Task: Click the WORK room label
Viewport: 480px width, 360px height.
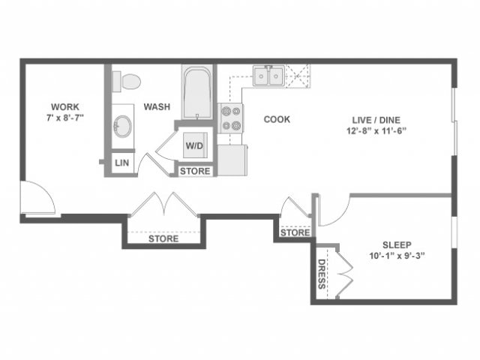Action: click(64, 106)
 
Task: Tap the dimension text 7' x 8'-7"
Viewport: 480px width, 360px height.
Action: click(64, 118)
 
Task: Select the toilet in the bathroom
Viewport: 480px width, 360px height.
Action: click(129, 79)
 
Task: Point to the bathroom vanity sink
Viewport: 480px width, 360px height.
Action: click(122, 125)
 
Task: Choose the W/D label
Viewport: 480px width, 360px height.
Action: click(195, 144)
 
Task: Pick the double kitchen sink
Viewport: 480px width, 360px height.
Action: click(267, 76)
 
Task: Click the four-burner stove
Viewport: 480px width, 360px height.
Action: click(231, 118)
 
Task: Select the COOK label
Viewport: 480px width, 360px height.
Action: click(277, 119)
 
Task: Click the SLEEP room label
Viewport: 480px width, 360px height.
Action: click(398, 244)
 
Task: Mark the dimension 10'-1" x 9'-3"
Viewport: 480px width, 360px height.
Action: click(398, 256)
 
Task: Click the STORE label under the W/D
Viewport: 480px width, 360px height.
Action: click(195, 172)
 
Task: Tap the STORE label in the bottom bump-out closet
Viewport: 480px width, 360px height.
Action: click(163, 239)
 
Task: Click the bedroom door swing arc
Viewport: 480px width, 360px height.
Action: click(334, 211)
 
